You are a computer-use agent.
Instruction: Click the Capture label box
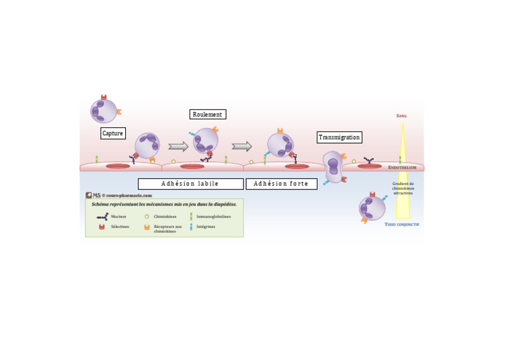(x=113, y=133)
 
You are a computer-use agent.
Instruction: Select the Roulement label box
(x=207, y=114)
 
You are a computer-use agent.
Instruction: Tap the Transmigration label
(x=339, y=137)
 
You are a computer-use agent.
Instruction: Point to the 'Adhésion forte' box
(x=281, y=184)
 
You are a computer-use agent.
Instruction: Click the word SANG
(x=402, y=115)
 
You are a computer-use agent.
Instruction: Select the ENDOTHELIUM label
(x=403, y=168)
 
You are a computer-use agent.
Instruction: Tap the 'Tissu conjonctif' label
(x=402, y=224)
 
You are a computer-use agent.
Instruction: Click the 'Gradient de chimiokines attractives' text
(x=402, y=188)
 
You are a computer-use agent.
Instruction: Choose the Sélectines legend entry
(x=120, y=226)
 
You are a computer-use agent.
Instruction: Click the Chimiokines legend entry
(x=164, y=216)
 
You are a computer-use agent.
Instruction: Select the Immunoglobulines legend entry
(x=213, y=216)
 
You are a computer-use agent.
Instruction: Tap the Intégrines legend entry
(x=205, y=226)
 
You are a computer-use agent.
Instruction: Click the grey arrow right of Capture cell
(x=178, y=147)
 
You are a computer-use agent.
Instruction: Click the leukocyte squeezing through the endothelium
(x=333, y=167)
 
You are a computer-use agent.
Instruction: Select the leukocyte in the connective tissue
(x=372, y=208)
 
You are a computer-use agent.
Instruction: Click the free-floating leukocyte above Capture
(x=104, y=110)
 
